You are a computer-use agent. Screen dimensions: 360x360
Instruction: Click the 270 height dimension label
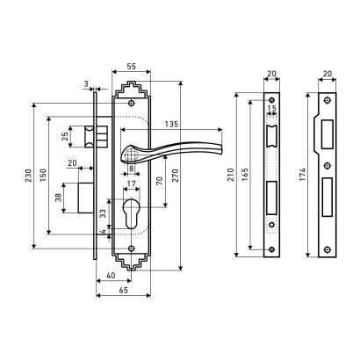click(x=175, y=176)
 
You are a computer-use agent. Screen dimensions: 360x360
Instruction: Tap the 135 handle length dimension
click(x=171, y=125)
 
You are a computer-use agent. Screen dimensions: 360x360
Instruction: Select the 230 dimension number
click(x=28, y=176)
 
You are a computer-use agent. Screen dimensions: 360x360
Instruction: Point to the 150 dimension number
click(x=43, y=175)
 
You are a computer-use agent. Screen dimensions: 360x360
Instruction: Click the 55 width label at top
click(x=132, y=67)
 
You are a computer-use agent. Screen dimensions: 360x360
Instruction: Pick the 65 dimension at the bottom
click(x=124, y=290)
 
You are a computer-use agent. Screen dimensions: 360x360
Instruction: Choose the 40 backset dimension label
click(x=111, y=276)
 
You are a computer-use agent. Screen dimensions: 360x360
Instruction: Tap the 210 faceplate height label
click(x=231, y=175)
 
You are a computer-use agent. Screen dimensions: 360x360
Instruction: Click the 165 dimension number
click(x=245, y=175)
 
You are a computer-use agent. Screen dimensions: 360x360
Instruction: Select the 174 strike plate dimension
click(x=302, y=175)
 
